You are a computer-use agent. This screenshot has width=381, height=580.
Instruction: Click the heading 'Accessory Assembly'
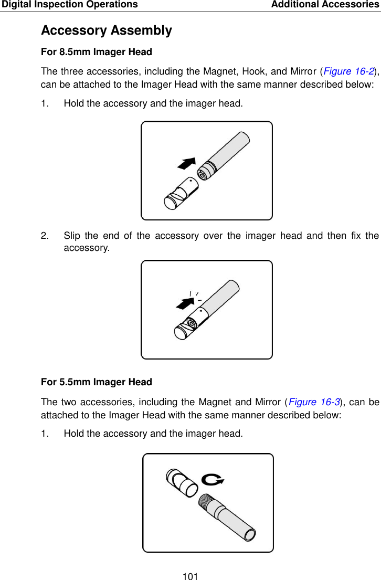coord(106,30)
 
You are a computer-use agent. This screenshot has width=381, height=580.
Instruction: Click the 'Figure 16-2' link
coord(347,71)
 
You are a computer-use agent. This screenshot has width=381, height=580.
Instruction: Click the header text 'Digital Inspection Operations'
coord(69,5)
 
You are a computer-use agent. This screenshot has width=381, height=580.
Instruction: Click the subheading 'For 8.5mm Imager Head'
coord(96,52)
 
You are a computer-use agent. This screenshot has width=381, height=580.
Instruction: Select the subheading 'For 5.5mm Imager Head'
coord(96,382)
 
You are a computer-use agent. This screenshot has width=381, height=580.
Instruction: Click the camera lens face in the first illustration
coord(202,175)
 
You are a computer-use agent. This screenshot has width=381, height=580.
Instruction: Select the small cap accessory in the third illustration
coord(181,481)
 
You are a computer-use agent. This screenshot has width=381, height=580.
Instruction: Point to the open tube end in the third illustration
coord(250,535)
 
